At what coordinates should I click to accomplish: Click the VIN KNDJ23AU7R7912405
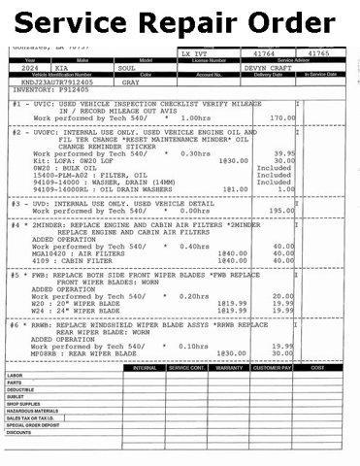tap(44, 84)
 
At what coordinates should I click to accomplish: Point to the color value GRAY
tap(132, 84)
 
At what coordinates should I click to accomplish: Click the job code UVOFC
tap(42, 131)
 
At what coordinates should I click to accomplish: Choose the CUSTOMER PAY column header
tap(273, 367)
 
